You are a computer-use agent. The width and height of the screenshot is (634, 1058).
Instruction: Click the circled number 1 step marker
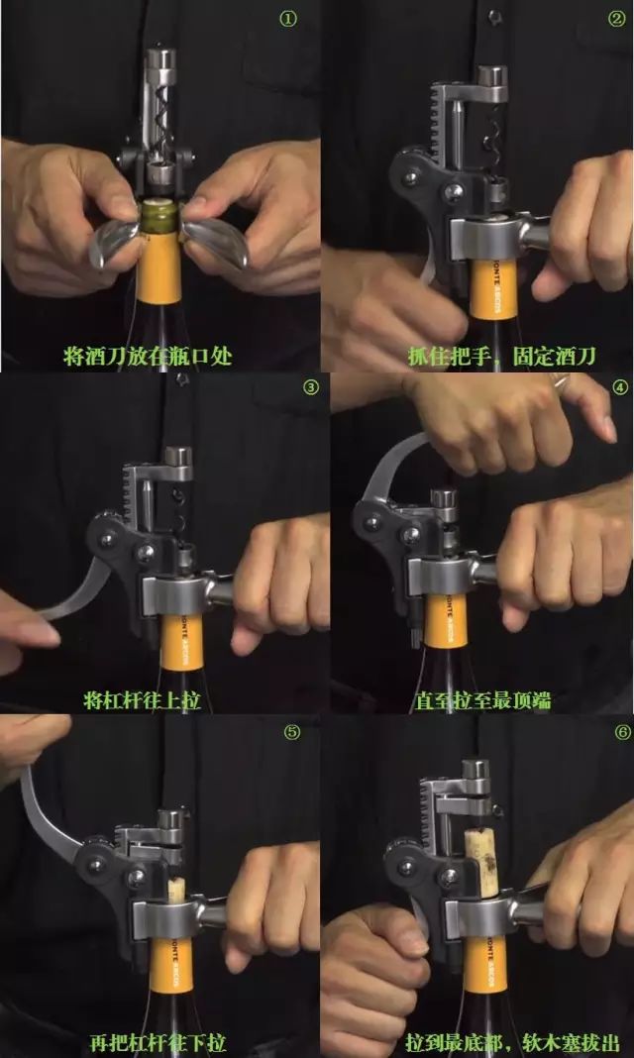point(288,20)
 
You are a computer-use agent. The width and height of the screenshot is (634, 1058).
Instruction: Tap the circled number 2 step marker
point(616,19)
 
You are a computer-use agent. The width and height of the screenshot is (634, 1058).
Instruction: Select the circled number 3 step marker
point(310,387)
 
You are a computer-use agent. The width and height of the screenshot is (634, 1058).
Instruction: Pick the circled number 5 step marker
point(291,733)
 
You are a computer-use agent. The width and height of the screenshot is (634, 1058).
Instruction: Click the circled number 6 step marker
point(622,733)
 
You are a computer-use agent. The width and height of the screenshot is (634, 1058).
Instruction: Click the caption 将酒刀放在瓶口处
point(148,356)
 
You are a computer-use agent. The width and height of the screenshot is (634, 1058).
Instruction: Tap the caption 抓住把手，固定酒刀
point(502,356)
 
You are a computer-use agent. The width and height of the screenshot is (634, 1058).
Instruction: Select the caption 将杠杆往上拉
point(143,699)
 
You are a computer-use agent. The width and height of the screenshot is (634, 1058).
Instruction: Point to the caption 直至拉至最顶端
point(481,700)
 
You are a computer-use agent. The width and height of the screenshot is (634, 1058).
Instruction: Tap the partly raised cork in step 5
point(176,890)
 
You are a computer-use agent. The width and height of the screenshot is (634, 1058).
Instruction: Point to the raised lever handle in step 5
point(52,813)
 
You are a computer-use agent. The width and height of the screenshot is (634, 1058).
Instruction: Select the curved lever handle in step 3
point(75,593)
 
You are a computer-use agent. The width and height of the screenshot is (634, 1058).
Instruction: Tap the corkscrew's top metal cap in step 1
point(161,59)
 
